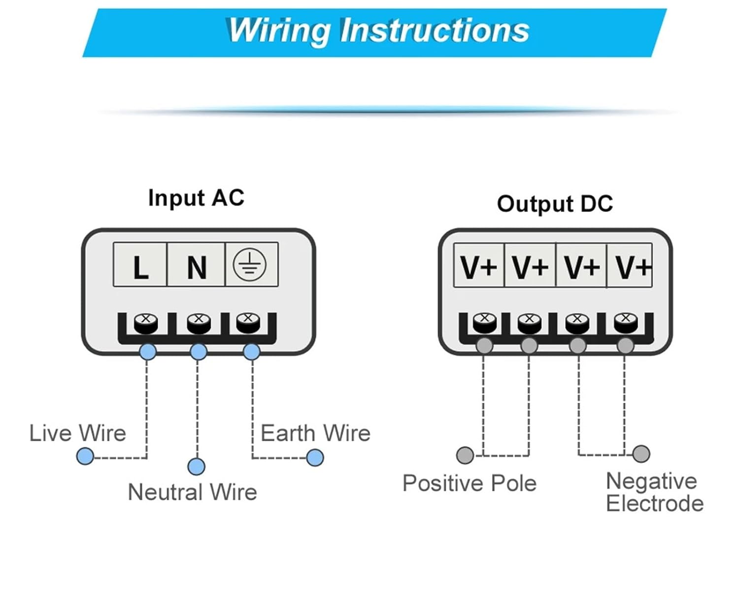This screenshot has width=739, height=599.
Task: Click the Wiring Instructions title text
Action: tap(379, 31)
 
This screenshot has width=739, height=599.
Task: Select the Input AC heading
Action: tap(197, 198)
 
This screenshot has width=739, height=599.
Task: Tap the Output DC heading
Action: tap(555, 204)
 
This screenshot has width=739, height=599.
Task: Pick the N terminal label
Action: tap(197, 268)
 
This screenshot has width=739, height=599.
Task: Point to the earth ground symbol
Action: tap(249, 264)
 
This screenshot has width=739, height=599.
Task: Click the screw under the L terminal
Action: tap(146, 323)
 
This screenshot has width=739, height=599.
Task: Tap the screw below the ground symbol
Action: tap(248, 322)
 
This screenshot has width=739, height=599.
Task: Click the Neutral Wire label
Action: tap(193, 492)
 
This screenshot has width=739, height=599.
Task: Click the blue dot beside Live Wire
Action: tap(85, 456)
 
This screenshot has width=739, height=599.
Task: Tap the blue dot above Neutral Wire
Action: tap(197, 466)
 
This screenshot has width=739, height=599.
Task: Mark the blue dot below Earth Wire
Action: tap(315, 458)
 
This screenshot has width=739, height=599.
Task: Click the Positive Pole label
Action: tap(470, 483)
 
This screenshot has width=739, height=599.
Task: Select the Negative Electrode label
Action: tap(655, 492)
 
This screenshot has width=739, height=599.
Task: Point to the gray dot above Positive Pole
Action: tap(465, 455)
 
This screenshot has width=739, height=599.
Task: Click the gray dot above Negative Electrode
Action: tap(641, 454)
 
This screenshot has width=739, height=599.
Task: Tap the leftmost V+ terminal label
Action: tap(479, 267)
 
